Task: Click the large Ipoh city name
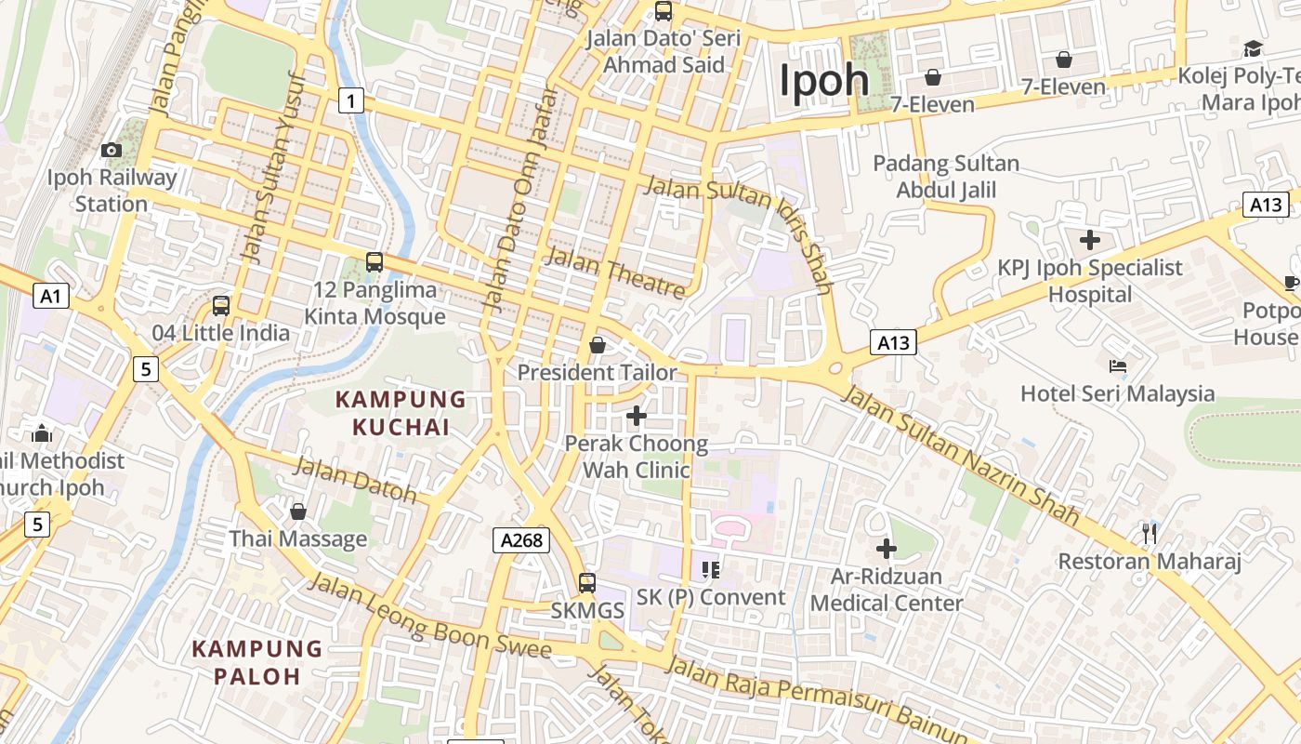(x=824, y=80)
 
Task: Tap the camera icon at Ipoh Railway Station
(x=112, y=150)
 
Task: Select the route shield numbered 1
(x=350, y=100)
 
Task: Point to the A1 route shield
(x=51, y=296)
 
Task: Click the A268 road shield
(x=521, y=539)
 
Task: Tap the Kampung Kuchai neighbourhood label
(x=400, y=414)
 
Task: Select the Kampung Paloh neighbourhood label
(x=257, y=662)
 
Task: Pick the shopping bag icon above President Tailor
(x=597, y=345)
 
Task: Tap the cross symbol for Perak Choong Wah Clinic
(x=637, y=416)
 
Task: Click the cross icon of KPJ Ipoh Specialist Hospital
(x=1090, y=240)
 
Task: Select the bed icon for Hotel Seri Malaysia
(x=1118, y=366)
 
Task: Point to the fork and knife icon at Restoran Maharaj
(x=1150, y=533)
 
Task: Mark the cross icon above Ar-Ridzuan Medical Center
(x=887, y=549)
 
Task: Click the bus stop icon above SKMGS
(x=587, y=583)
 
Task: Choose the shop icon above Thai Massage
(x=298, y=511)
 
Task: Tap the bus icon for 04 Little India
(x=221, y=305)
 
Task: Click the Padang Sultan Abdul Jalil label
(x=946, y=177)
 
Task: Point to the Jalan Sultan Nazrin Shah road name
(x=961, y=454)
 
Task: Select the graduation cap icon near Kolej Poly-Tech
(x=1253, y=48)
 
